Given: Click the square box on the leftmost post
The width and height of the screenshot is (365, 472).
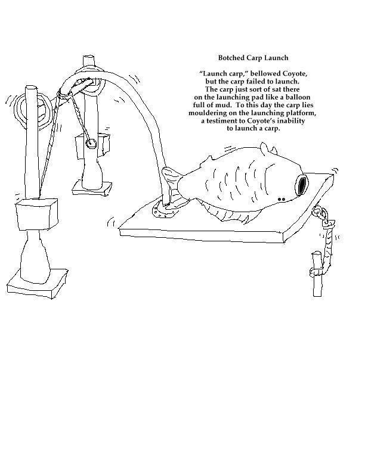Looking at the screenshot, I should (36, 215).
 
